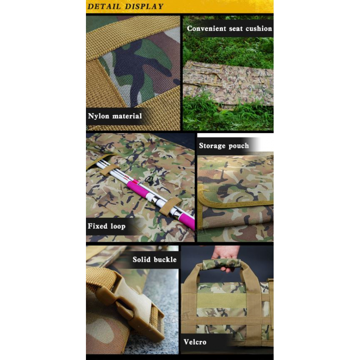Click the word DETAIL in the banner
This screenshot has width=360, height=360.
104,6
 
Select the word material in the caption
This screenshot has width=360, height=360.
127,116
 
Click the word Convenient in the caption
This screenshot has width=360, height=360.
207,28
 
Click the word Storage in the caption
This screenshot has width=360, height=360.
212,146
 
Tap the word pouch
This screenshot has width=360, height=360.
239,146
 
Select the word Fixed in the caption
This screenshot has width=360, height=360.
98,226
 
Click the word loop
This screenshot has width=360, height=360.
118,226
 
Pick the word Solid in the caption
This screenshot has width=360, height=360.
141,259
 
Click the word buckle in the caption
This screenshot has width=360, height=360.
165,259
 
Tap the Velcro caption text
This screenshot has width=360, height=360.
195,342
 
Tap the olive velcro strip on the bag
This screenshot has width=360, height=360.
221,300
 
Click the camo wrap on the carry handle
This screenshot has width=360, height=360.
221,264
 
